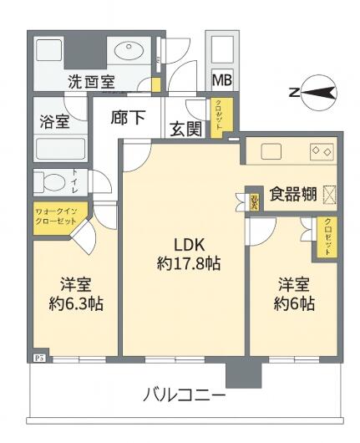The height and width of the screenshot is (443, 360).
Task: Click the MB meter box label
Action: (x=222, y=79)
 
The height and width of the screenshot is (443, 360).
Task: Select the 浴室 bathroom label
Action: (x=54, y=121)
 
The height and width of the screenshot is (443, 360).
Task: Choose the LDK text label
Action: (x=188, y=244)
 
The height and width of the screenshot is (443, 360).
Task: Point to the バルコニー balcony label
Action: (x=184, y=394)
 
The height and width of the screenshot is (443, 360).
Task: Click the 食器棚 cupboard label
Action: (x=292, y=194)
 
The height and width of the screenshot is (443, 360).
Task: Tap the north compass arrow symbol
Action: (x=319, y=92)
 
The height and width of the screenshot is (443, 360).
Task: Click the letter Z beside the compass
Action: (x=293, y=92)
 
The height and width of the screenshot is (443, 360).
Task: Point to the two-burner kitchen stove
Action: (x=322, y=150)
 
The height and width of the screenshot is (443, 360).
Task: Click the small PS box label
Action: (x=37, y=355)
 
